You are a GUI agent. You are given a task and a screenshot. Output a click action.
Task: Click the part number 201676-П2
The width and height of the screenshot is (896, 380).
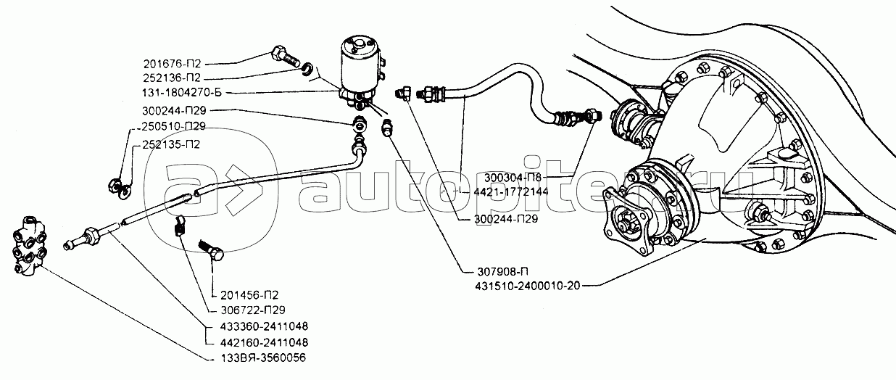coord(172,64)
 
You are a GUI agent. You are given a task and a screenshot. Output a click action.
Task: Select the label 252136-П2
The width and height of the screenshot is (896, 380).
coord(172,78)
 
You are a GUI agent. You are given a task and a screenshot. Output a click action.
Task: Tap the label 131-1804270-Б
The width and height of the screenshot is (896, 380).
coord(182,93)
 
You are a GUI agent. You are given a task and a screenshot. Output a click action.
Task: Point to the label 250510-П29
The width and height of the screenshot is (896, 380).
coord(173,126)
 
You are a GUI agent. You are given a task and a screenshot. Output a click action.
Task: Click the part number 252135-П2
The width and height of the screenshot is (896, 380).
coord(171,144)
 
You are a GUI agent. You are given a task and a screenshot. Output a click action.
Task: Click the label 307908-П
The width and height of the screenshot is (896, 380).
coord(503,272)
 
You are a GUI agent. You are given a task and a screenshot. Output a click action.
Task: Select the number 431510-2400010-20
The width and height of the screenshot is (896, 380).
coord(528,286)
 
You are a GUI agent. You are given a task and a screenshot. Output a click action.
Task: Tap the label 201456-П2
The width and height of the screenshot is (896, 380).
coord(249,295)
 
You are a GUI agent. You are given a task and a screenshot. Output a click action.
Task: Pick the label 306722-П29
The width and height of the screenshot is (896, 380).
coord(253,310)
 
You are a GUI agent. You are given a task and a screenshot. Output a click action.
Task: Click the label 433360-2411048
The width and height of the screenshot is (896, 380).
coord(264,327)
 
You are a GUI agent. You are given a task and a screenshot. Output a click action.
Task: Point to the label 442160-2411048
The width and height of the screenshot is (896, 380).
coord(264,343)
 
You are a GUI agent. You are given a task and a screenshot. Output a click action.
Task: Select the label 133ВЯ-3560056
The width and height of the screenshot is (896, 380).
coord(263,358)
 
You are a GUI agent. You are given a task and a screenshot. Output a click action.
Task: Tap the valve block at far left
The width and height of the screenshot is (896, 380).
coord(29,246)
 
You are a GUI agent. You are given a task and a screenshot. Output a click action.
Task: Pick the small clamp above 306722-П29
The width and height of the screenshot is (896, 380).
coord(179,225)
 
